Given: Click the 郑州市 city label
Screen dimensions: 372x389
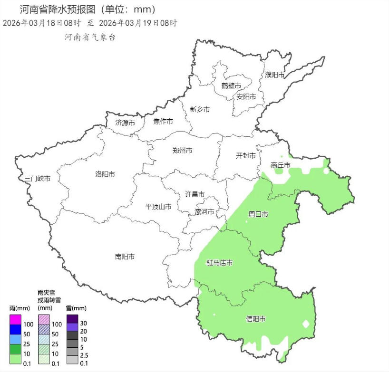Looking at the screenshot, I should point(182,151).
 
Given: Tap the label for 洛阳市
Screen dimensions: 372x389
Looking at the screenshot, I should point(105,174).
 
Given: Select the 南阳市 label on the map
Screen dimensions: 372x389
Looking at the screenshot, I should point(125,257).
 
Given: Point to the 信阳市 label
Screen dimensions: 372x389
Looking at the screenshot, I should point(255,318).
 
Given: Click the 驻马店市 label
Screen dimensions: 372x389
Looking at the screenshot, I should point(219,263).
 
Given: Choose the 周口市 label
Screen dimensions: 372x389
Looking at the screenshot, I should point(258,214).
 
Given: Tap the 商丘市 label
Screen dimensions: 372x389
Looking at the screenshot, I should point(280,165).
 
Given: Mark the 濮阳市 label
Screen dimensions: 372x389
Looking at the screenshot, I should point(275,75).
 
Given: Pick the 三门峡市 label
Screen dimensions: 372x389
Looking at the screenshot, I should point(38,178).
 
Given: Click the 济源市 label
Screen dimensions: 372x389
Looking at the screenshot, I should point(125,123).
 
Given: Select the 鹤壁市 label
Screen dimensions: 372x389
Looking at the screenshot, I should point(231,86).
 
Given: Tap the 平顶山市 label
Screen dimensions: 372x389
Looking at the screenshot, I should point(158,207).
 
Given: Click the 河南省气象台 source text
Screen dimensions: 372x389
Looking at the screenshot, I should point(90,37).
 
